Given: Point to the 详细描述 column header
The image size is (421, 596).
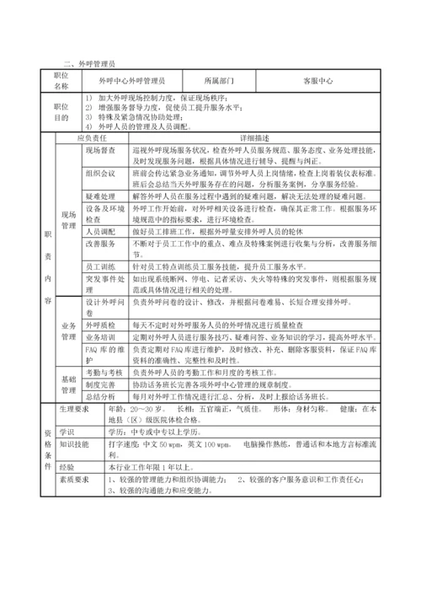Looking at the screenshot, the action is pyautogui.click(x=255, y=136).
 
